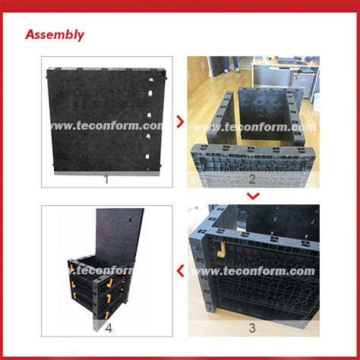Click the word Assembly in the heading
(55, 35)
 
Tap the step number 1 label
(106, 179)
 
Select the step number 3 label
(251, 327)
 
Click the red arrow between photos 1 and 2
(179, 119)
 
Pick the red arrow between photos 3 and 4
(179, 269)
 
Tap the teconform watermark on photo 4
(106, 271)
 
